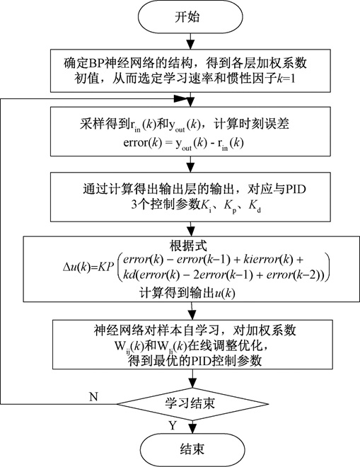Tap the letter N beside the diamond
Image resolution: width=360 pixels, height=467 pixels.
pyautogui.click(x=93, y=397)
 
